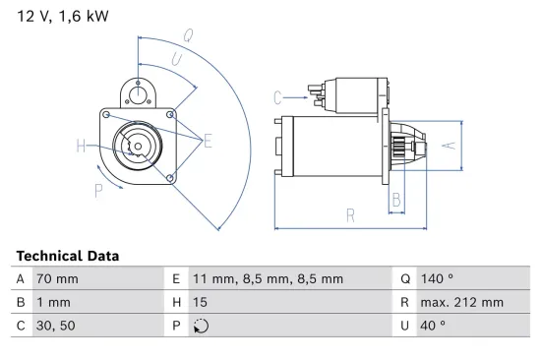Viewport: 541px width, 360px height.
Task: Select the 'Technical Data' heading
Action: coord(68,256)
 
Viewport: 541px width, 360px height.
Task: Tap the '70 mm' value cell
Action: coord(57,279)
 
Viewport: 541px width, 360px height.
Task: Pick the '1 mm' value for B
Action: coord(53,302)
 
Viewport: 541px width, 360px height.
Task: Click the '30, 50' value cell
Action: coord(55,326)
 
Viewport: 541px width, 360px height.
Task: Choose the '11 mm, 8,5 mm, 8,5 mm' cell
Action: coord(267,279)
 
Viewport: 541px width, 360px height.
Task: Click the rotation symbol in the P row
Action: coord(203,326)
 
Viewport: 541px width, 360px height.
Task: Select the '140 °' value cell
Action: coord(439,279)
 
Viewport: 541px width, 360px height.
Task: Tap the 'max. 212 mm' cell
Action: coord(462,302)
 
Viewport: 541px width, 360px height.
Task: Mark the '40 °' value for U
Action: coord(435,326)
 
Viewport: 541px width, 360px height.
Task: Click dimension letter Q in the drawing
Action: coord(187,35)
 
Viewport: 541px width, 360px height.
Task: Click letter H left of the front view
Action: coord(81,148)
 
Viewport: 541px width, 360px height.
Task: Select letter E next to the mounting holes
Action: coord(209,142)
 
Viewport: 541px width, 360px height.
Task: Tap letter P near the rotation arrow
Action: coord(98,190)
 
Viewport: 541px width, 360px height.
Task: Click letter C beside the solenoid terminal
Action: coord(278,97)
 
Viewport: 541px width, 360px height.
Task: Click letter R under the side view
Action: coord(350,214)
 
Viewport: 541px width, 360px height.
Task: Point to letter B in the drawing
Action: coord(395,200)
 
